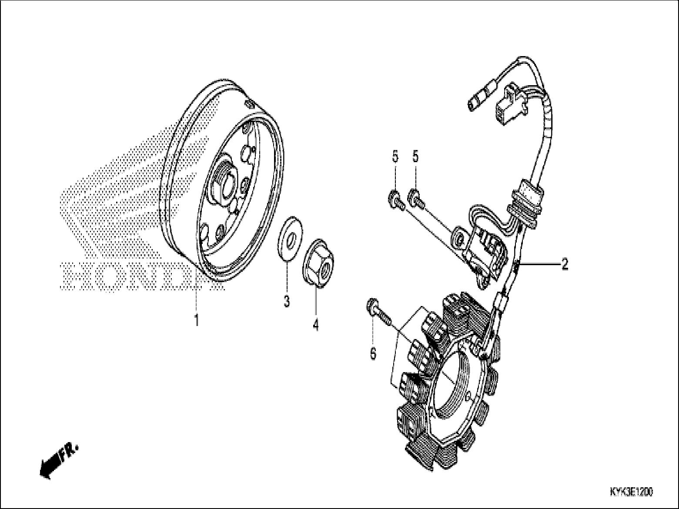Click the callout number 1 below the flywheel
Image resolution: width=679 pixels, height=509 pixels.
pos(196,321)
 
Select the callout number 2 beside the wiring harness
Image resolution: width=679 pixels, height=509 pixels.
pos(564,264)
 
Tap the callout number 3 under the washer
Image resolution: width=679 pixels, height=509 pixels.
pos(287,301)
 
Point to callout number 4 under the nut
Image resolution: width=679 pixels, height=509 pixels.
pos(315,324)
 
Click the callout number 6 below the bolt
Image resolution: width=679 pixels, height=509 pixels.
pos(373,354)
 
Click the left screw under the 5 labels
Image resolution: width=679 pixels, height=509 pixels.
pos(395,201)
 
